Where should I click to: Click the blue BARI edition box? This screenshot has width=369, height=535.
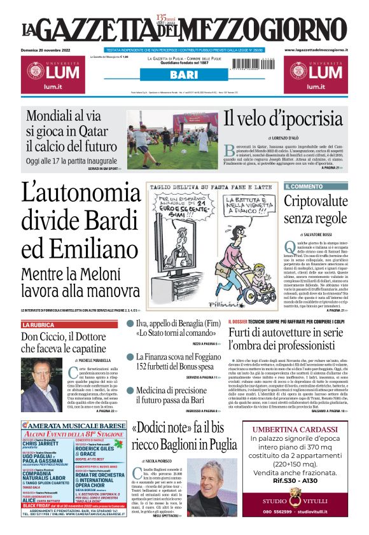click(184, 74)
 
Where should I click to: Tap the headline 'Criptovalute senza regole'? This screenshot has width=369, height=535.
click(316, 211)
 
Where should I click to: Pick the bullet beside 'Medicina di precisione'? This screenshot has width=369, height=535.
click(130, 390)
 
